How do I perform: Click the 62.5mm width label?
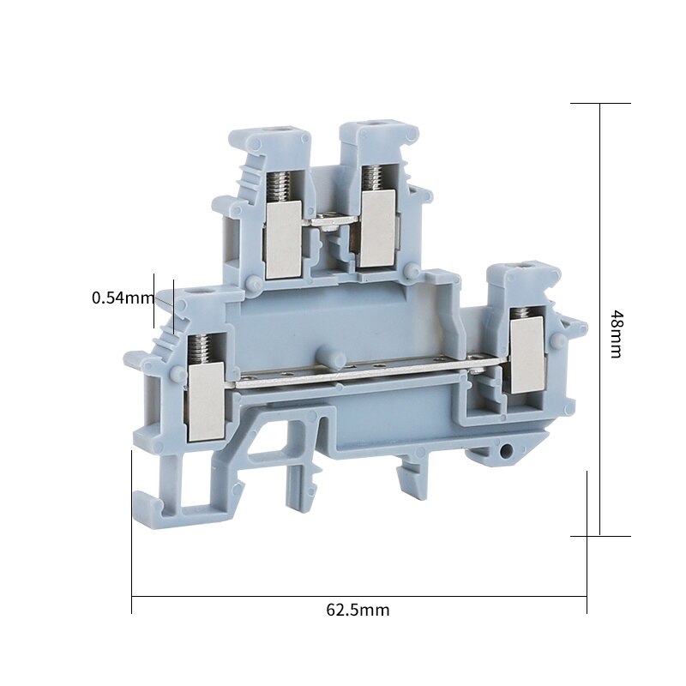(358, 611)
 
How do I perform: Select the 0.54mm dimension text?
(123, 298)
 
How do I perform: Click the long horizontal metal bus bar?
(360, 375)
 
